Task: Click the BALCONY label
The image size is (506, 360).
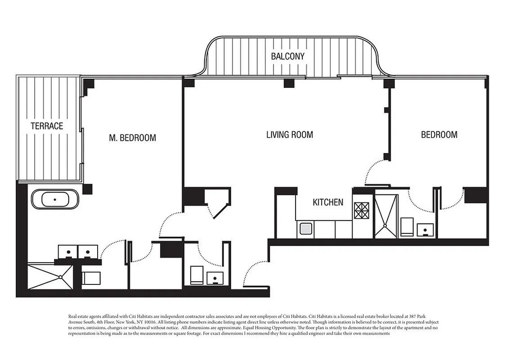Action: pos(287,56)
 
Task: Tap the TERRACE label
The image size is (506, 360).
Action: pos(47,126)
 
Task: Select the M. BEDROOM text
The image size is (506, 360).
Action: pos(133,138)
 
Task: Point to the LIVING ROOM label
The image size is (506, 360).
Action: pos(290,135)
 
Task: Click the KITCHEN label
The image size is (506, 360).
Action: pos(328,202)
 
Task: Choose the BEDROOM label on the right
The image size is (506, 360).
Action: pos(439,135)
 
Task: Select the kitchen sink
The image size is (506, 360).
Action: pos(305,229)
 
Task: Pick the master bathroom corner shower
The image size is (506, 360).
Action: pos(49,276)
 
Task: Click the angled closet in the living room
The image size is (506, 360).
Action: pos(217,202)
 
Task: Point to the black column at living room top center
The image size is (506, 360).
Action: pos(289,83)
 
